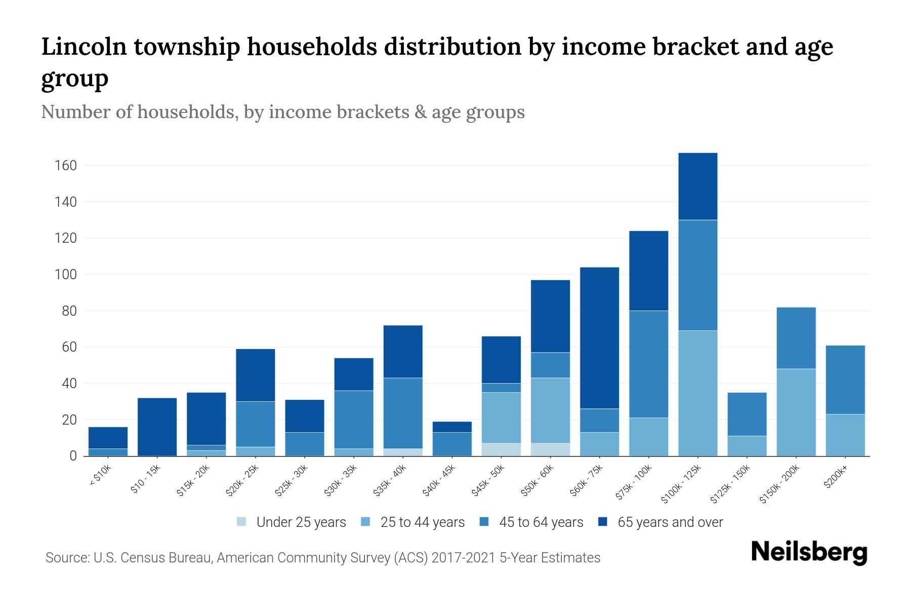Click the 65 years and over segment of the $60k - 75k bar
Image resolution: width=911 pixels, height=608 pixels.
click(600, 337)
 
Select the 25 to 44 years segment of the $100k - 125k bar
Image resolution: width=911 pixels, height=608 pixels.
click(698, 393)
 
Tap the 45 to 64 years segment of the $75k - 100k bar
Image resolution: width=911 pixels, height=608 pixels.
click(649, 364)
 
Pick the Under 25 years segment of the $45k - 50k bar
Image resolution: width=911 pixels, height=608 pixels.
click(501, 449)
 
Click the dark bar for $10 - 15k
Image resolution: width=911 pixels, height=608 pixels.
click(157, 427)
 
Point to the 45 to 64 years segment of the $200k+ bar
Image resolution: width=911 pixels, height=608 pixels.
click(845, 379)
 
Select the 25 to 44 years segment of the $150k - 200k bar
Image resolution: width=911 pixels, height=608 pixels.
click(796, 412)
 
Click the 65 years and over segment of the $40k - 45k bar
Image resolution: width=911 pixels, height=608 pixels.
click(452, 427)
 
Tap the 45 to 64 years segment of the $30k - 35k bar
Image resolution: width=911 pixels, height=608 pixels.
click(354, 419)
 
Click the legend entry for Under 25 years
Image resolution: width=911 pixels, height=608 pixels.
click(301, 522)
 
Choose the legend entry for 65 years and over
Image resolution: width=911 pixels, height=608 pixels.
click(670, 522)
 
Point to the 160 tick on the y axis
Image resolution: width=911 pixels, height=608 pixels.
click(66, 166)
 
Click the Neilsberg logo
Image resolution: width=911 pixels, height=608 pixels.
click(809, 552)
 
